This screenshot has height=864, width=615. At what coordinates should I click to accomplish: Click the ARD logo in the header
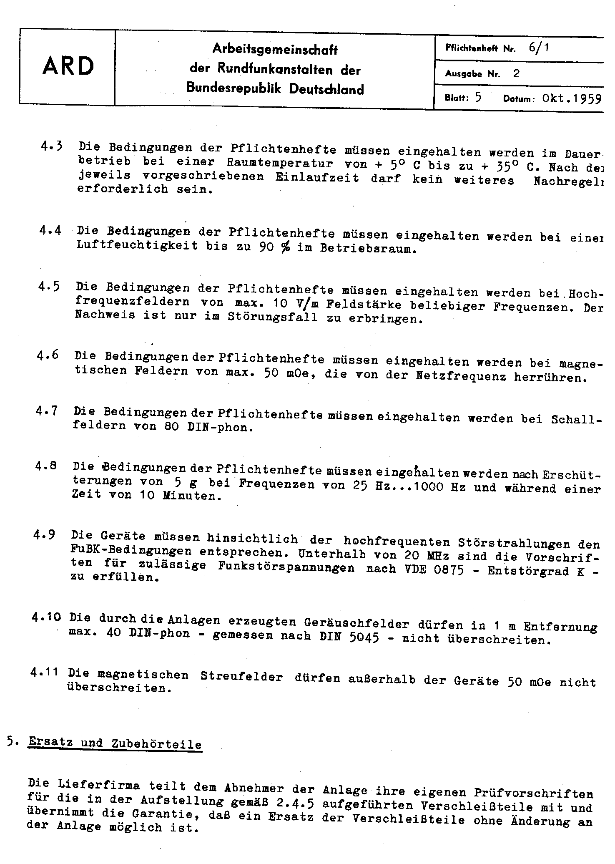[68, 66]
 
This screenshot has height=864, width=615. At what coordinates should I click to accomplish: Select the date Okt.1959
[572, 98]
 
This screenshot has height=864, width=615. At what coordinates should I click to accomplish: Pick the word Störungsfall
[272, 317]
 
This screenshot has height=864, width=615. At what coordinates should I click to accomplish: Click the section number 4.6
[48, 355]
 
